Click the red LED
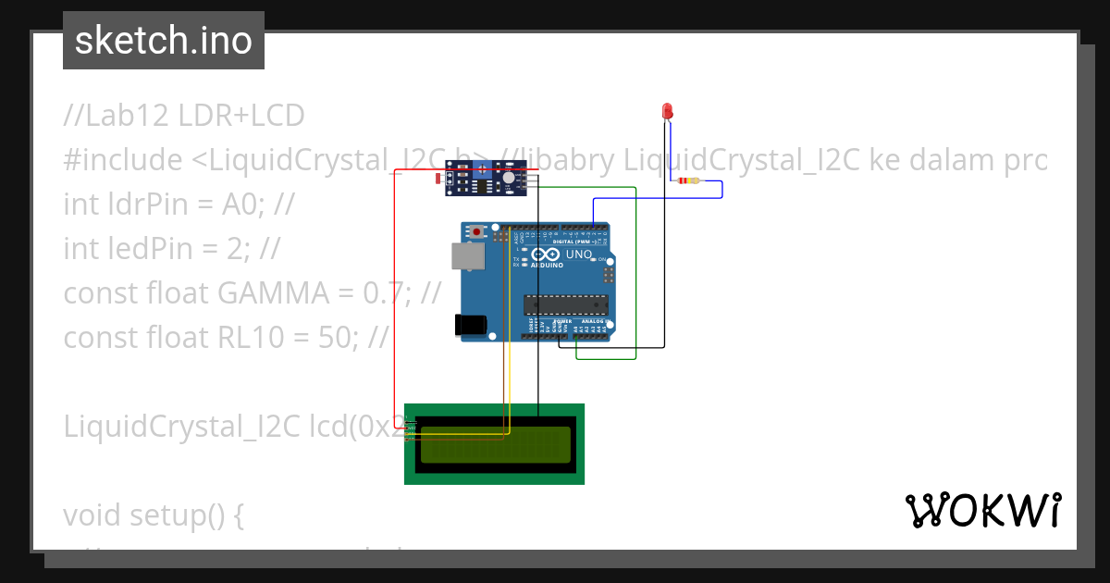[x=667, y=111]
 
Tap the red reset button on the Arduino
[x=477, y=230]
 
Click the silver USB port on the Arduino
[x=466, y=256]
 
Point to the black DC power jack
[x=469, y=324]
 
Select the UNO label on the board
[x=578, y=254]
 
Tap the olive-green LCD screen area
[x=495, y=444]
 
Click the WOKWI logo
[x=982, y=510]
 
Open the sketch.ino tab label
[x=164, y=41]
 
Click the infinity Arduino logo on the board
[x=546, y=254]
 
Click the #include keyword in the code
[x=123, y=160]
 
